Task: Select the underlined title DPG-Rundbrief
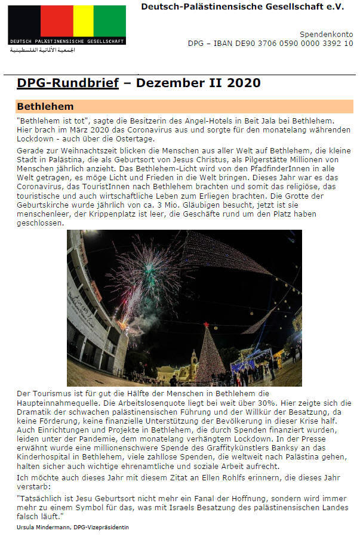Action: (67, 83)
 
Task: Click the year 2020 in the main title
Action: (243, 83)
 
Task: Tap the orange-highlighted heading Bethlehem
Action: (45, 107)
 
